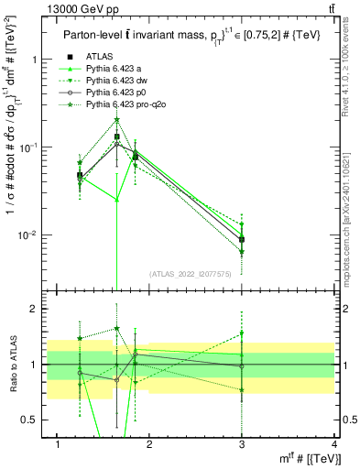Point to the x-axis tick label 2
click(x=150, y=444)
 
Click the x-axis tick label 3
click(x=243, y=444)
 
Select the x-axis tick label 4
click(x=334, y=444)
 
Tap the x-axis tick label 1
click(x=59, y=444)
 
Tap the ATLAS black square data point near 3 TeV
click(x=242, y=240)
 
